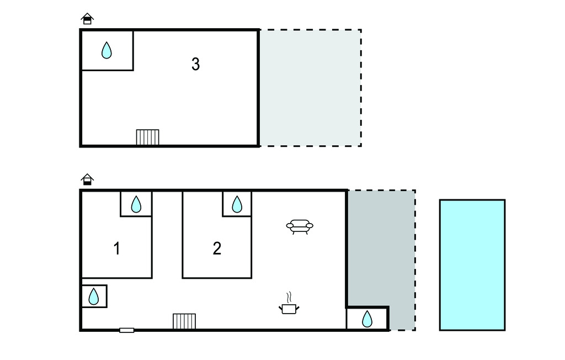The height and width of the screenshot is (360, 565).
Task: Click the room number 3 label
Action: click(x=195, y=64)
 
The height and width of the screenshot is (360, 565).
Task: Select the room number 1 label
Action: click(x=117, y=248)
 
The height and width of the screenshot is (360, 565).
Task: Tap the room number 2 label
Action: click(x=217, y=248)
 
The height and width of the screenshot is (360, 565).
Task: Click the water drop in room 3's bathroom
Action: click(x=106, y=50)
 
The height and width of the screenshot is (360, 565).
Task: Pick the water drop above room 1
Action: click(x=136, y=204)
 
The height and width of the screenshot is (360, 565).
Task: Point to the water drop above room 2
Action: click(x=237, y=204)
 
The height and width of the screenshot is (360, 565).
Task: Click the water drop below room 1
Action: click(x=94, y=297)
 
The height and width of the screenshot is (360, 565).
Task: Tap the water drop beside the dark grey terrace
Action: click(x=367, y=319)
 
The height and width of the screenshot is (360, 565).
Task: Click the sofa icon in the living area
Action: click(x=300, y=227)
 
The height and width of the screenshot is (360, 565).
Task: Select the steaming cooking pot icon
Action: click(x=289, y=303)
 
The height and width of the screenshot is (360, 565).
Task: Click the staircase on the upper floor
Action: click(x=148, y=137)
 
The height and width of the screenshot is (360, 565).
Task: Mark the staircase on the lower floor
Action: click(x=184, y=321)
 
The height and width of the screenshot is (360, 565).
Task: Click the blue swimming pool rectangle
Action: click(x=472, y=265)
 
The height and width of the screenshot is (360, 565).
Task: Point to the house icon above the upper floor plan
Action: click(x=87, y=18)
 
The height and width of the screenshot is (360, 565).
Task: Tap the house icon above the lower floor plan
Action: click(x=87, y=179)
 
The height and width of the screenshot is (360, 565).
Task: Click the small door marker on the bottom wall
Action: click(x=127, y=330)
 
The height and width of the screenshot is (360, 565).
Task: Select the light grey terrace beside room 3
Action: click(x=311, y=88)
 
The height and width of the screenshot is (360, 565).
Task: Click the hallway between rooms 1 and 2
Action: click(x=167, y=235)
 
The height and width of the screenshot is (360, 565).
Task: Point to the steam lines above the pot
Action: click(x=289, y=298)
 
